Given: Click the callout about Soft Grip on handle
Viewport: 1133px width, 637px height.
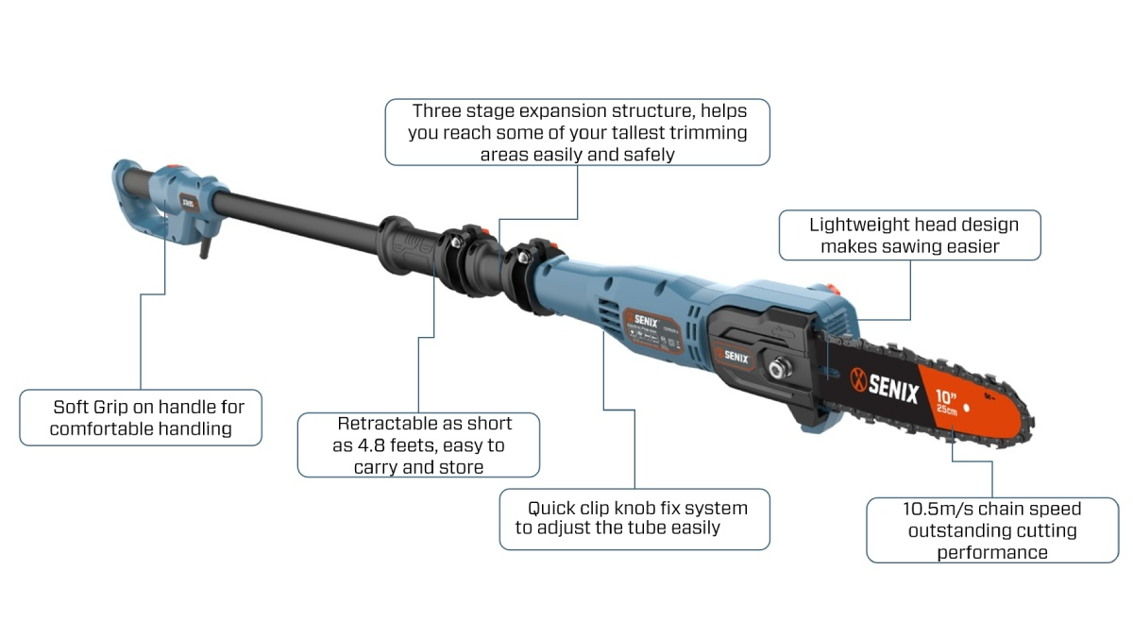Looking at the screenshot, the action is (x=141, y=417).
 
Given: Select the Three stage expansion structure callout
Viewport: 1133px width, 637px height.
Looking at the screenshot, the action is (x=577, y=132).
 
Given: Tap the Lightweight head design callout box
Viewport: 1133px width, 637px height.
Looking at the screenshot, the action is (x=909, y=235).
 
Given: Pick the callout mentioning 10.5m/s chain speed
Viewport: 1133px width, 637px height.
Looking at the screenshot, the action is (x=992, y=530).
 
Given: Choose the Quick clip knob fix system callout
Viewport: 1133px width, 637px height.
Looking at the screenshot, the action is (x=634, y=519).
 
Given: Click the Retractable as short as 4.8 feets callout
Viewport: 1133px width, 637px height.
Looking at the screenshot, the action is (x=418, y=444).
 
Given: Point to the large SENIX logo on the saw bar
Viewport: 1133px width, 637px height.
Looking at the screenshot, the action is (x=884, y=387).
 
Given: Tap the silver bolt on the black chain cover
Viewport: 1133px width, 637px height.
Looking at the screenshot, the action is (x=780, y=367).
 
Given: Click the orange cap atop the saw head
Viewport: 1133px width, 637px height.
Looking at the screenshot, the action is (x=830, y=290).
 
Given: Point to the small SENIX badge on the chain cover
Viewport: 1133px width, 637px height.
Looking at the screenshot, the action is (x=733, y=356).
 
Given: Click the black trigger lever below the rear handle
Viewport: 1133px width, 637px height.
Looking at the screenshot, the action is (x=206, y=248).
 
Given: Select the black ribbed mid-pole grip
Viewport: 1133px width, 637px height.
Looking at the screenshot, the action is (x=407, y=246).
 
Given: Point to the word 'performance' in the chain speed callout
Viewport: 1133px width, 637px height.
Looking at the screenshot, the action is (x=992, y=553).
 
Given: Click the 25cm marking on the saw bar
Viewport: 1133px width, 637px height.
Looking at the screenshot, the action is (x=946, y=409).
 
